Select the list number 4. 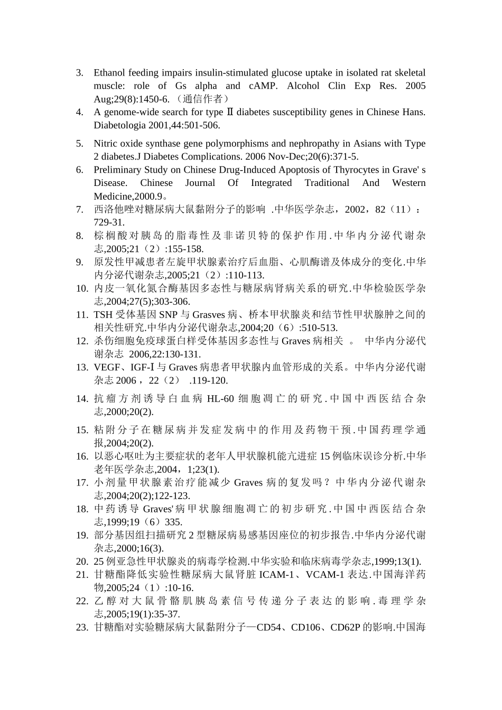pyautogui.click(x=80, y=112)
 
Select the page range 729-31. pyautogui.click(x=109, y=222)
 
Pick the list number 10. pyautogui.click(x=81, y=288)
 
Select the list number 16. pyautogui.click(x=81, y=456)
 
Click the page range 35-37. pyautogui.click(x=166, y=614)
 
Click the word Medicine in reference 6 pyautogui.click(x=112, y=196)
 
